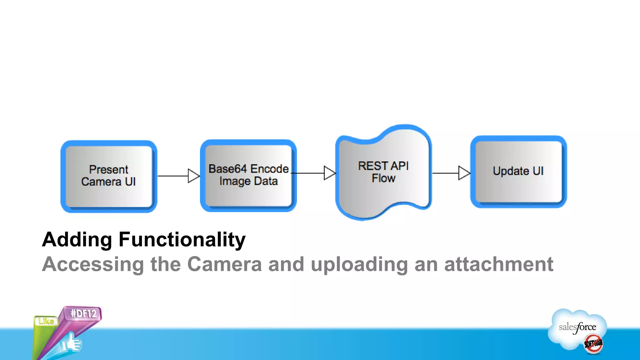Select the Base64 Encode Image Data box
(248, 176)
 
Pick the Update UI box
(518, 172)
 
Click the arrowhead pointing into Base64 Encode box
(193, 176)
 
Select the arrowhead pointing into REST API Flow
(329, 173)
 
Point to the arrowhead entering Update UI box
(464, 173)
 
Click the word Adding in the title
(77, 240)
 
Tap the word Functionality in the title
(182, 240)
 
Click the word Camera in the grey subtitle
(224, 264)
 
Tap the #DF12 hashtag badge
(83, 313)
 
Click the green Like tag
(46, 321)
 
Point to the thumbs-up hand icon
(71, 343)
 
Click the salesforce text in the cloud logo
(577, 327)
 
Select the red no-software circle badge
(593, 344)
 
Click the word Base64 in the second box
(227, 169)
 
